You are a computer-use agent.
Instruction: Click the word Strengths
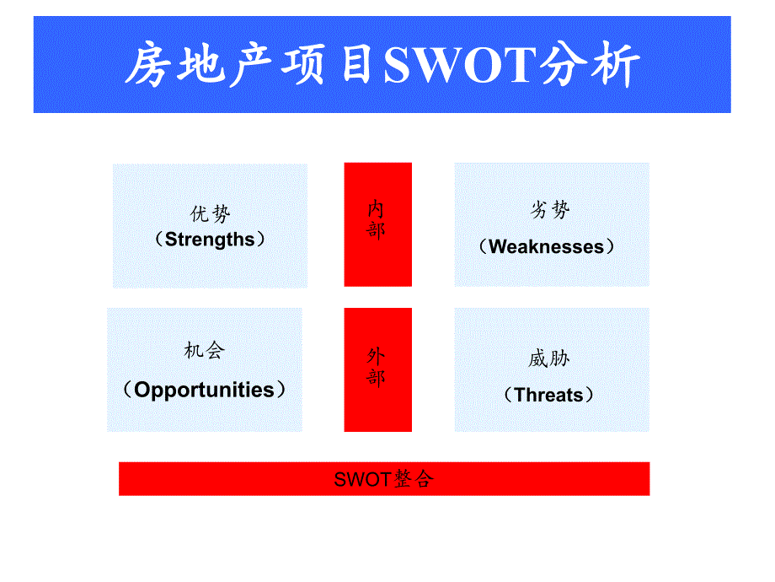pyautogui.click(x=210, y=240)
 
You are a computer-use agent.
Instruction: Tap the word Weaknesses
pyautogui.click(x=547, y=247)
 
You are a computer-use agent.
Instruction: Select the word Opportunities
pyautogui.click(x=204, y=390)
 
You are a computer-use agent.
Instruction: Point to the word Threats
pyautogui.click(x=548, y=395)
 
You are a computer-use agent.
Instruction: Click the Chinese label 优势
pyautogui.click(x=210, y=214)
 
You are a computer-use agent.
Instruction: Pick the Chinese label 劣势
pyautogui.click(x=549, y=211)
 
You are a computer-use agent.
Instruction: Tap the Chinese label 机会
pyautogui.click(x=205, y=351)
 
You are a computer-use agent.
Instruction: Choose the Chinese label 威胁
pyautogui.click(x=549, y=359)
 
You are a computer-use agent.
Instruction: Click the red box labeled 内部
pyautogui.click(x=377, y=224)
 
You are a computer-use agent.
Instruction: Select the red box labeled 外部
pyautogui.click(x=377, y=369)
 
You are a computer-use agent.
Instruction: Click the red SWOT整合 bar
pyautogui.click(x=383, y=479)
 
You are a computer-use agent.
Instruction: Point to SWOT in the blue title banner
pyautogui.click(x=459, y=66)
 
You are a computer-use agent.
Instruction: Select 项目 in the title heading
pyautogui.click(x=332, y=66)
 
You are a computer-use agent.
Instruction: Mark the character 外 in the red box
pyautogui.click(x=376, y=356)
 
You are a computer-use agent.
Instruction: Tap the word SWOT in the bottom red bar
pyautogui.click(x=361, y=480)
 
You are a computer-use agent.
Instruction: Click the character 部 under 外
pyautogui.click(x=376, y=377)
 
